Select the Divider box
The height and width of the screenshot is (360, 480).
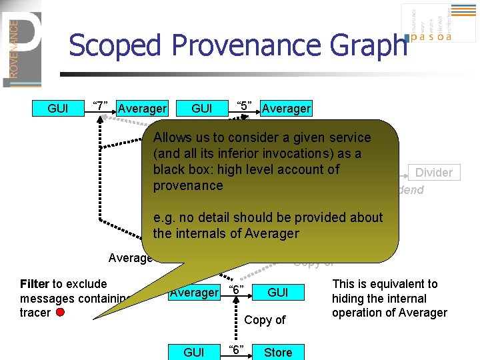pyautogui.click(x=433, y=173)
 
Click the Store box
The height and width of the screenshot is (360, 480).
pyautogui.click(x=278, y=352)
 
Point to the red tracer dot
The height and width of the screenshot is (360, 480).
pyautogui.click(x=61, y=313)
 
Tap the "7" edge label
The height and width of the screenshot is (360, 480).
pyautogui.click(x=101, y=107)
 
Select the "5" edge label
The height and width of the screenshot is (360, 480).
pyautogui.click(x=244, y=107)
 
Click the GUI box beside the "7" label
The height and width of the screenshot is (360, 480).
pyautogui.click(x=58, y=108)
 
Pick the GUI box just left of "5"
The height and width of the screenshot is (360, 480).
pyautogui.click(x=201, y=108)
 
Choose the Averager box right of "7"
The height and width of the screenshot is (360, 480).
pyautogui.click(x=142, y=108)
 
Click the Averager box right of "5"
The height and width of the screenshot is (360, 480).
pyautogui.click(x=286, y=108)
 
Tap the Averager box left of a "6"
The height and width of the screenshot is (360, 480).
pyautogui.click(x=194, y=292)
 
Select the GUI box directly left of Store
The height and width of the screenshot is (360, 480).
pyautogui.click(x=194, y=352)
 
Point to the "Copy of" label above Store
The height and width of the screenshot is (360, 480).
pyautogui.click(x=265, y=319)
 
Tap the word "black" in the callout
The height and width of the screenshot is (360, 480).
pyautogui.click(x=169, y=169)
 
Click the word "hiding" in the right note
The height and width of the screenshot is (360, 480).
pyautogui.click(x=351, y=298)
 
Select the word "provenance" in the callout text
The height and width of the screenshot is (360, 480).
pyautogui.click(x=187, y=185)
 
